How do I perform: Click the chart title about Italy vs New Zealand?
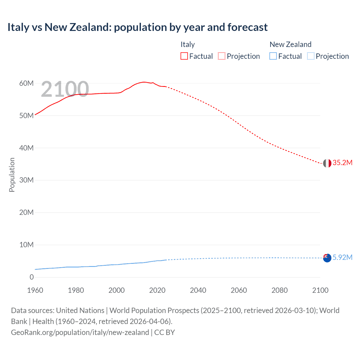point(137,27)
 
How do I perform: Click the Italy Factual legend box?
point(184,56)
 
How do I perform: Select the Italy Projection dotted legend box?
point(222,56)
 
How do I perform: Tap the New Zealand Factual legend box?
point(273,56)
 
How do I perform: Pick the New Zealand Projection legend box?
point(310,56)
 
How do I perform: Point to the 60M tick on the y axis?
point(26,83)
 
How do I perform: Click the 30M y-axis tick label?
point(26,180)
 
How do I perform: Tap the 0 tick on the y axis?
point(31,277)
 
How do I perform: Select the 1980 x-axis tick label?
point(76,290)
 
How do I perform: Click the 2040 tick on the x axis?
point(198,290)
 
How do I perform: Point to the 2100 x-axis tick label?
point(320,290)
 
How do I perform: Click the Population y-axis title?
point(12,175)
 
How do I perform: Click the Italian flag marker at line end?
point(327,163)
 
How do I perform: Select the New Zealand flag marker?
point(327,258)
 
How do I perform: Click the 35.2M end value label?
point(342,163)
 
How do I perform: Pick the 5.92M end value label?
point(342,257)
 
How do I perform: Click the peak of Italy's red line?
point(144,82)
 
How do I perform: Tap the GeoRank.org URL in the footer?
point(80,332)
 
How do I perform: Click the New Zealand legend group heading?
point(290,44)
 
